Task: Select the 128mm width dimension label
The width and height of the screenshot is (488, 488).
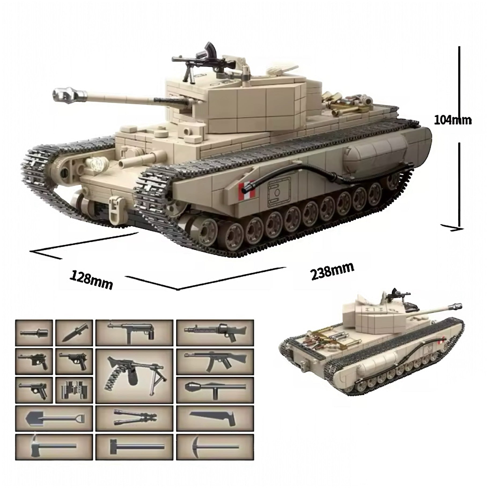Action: point(91,280)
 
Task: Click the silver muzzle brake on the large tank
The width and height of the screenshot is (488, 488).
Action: point(71,94)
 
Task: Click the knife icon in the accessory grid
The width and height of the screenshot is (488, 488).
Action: point(74,333)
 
